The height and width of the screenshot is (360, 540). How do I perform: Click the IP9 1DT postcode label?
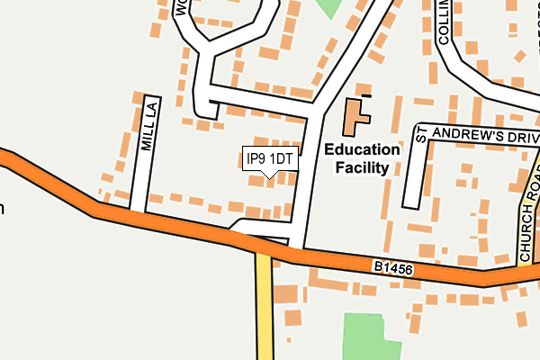270,159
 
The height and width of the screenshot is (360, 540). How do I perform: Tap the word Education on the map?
362,150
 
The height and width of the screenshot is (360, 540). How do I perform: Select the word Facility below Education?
362,167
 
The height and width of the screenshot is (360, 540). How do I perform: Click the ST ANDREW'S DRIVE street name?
477,134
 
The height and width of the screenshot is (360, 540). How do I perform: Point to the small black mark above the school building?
365,94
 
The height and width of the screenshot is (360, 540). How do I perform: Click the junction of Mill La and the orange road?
138,214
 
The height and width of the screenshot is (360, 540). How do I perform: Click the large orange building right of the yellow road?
286,294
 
